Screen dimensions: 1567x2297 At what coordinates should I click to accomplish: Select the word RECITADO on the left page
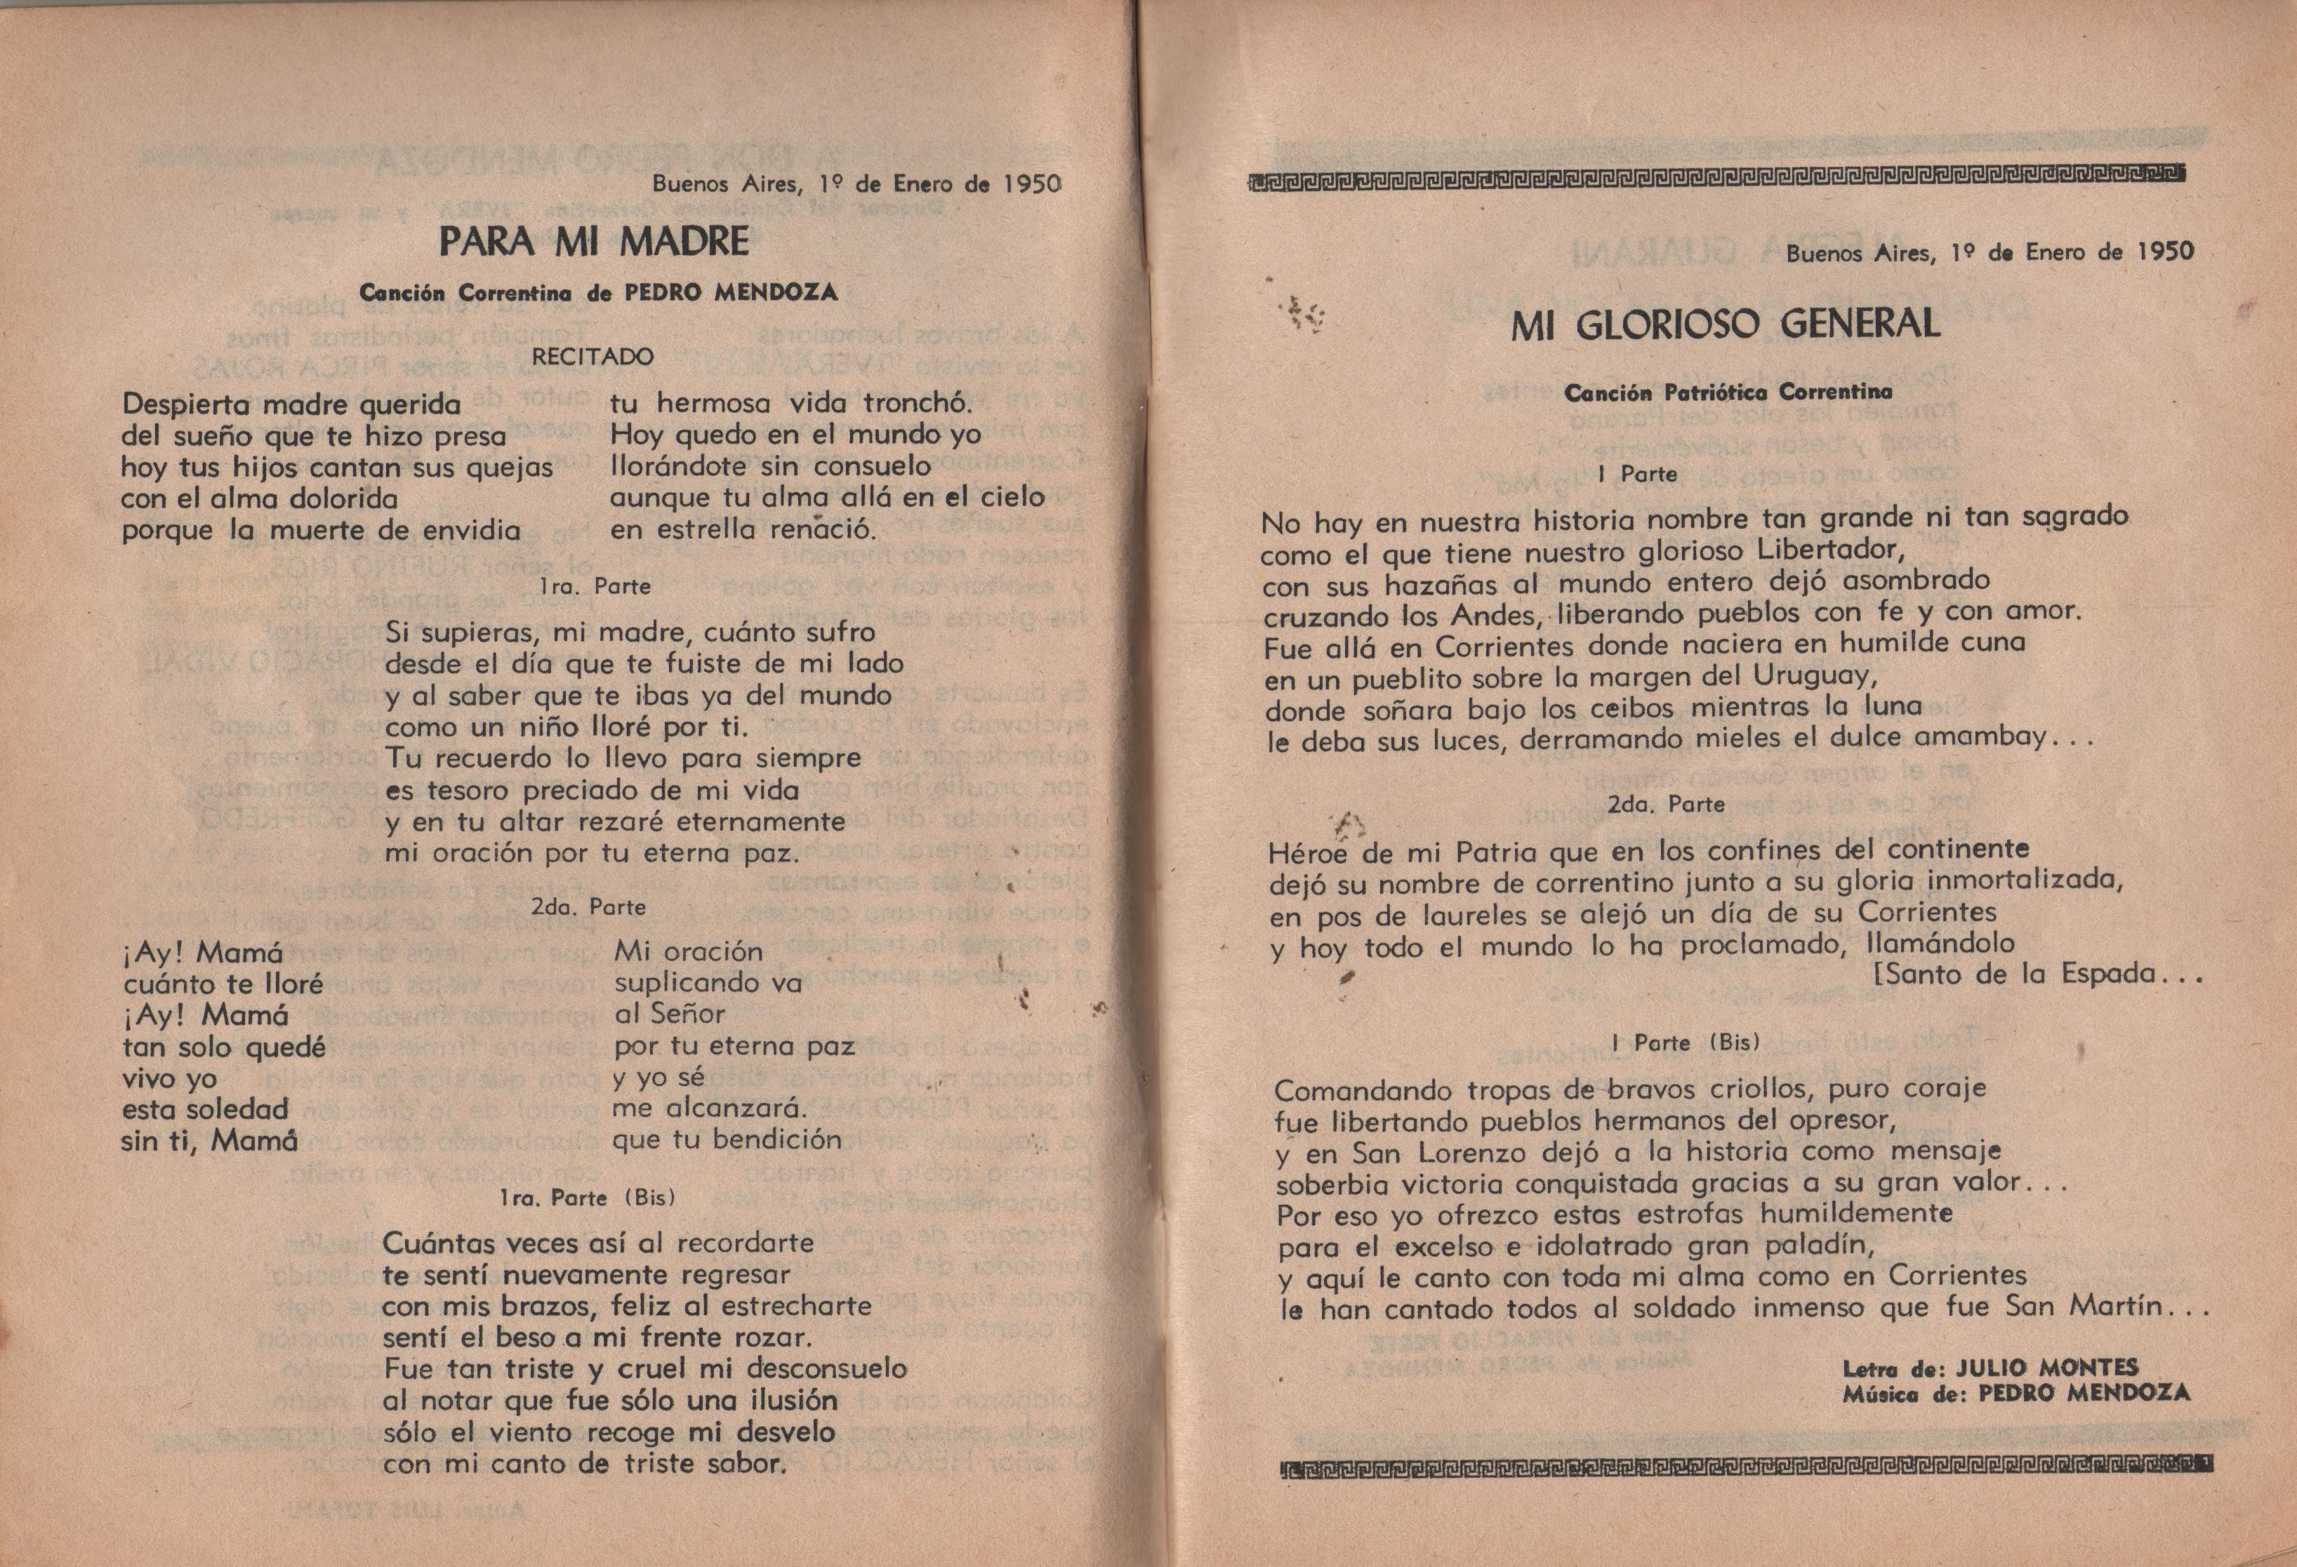pos(592,357)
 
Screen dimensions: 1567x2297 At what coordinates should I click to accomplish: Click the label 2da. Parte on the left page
pos(588,906)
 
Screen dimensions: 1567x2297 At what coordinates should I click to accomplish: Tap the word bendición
pos(776,1139)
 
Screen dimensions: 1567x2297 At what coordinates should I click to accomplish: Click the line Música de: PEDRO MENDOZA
pos(2015,1393)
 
